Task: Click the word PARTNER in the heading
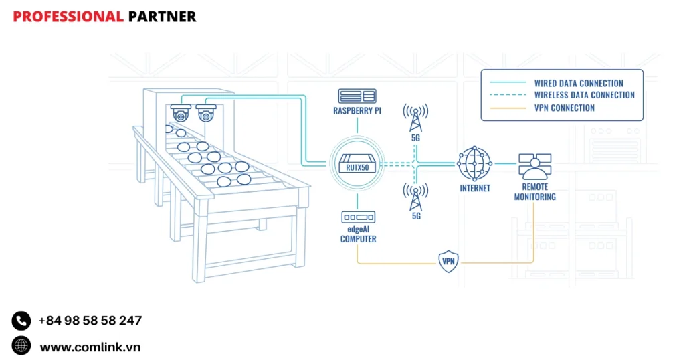pyautogui.click(x=162, y=17)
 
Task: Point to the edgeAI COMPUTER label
pyautogui.click(x=358, y=234)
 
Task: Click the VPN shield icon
pyautogui.click(x=448, y=262)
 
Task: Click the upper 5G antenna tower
pyautogui.click(x=415, y=117)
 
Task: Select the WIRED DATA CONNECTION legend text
pyautogui.click(x=578, y=84)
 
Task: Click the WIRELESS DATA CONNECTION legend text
pyautogui.click(x=584, y=96)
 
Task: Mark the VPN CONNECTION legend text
pyautogui.click(x=564, y=108)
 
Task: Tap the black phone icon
pyautogui.click(x=21, y=321)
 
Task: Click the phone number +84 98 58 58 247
pyautogui.click(x=90, y=321)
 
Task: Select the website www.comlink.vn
pyautogui.click(x=90, y=347)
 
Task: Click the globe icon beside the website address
pyautogui.click(x=21, y=346)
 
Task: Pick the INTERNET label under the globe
pyautogui.click(x=475, y=189)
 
